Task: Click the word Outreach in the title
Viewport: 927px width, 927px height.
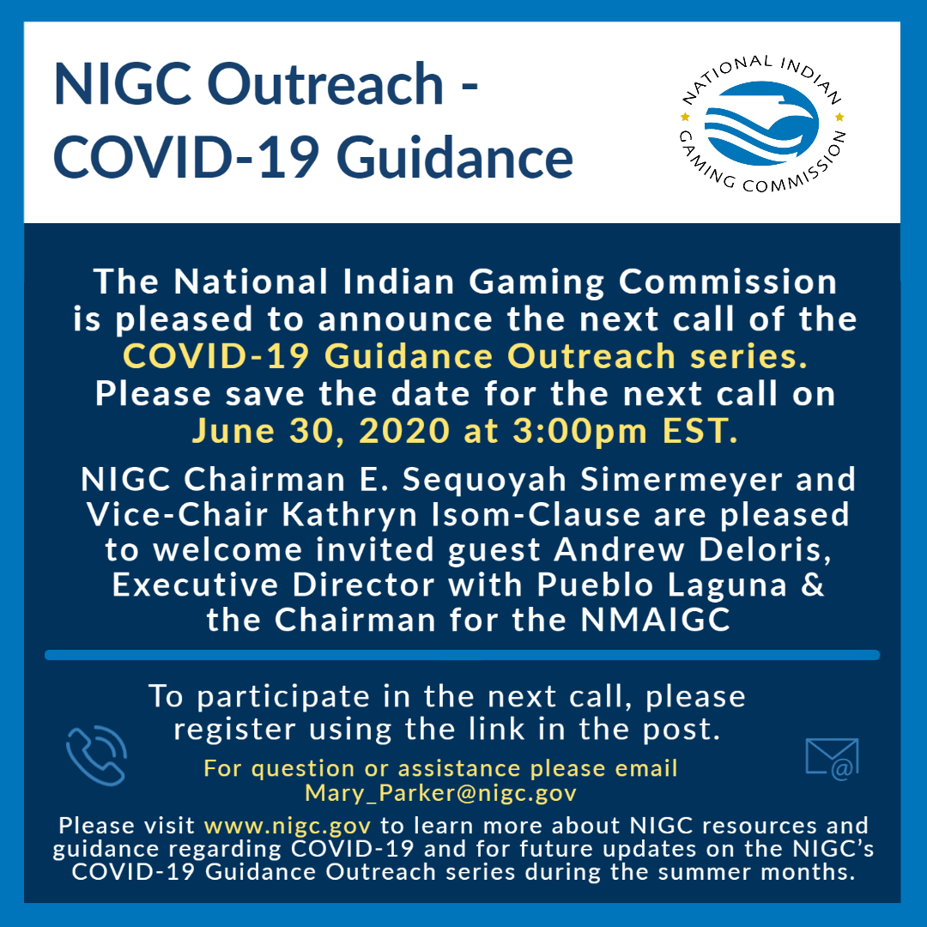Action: [x=325, y=84]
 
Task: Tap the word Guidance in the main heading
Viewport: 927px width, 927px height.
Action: [x=455, y=158]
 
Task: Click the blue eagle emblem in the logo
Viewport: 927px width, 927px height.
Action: [x=761, y=123]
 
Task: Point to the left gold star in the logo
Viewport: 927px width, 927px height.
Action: [x=685, y=117]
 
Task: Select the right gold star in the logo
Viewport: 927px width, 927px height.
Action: [x=839, y=117]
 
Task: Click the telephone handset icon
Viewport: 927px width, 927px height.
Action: [x=96, y=755]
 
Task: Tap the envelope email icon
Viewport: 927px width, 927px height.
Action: [x=832, y=759]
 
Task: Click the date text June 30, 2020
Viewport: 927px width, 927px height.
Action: [x=321, y=431]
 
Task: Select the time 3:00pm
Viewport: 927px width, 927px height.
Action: [x=579, y=431]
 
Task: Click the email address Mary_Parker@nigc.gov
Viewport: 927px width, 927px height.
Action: [x=440, y=793]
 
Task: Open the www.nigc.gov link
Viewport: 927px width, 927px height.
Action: [x=288, y=826]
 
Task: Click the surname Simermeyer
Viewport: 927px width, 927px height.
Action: [x=681, y=479]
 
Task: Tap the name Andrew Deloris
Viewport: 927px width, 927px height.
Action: [x=693, y=550]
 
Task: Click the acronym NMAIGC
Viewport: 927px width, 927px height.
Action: [x=655, y=621]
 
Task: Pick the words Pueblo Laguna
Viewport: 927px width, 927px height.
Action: [x=662, y=585]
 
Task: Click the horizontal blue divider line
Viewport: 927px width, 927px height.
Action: [x=463, y=655]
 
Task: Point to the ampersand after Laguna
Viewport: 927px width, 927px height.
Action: [x=812, y=585]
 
